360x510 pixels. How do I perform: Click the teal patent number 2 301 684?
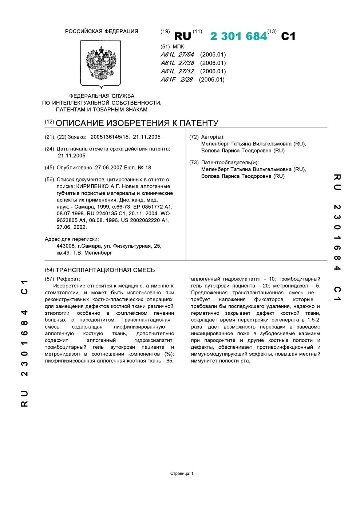(238, 36)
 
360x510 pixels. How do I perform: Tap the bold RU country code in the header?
(183, 36)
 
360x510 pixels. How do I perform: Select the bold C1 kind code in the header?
(288, 36)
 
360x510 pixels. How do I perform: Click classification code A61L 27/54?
(177, 55)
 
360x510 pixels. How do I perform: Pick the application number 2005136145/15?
(110, 137)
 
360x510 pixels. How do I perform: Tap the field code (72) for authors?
(194, 137)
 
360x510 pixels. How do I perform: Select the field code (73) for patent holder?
(194, 162)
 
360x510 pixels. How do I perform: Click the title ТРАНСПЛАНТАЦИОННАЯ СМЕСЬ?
(105, 270)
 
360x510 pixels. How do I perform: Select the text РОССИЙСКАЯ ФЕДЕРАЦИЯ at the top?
(102, 31)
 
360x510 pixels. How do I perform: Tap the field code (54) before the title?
(49, 270)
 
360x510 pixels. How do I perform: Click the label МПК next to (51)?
(178, 47)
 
